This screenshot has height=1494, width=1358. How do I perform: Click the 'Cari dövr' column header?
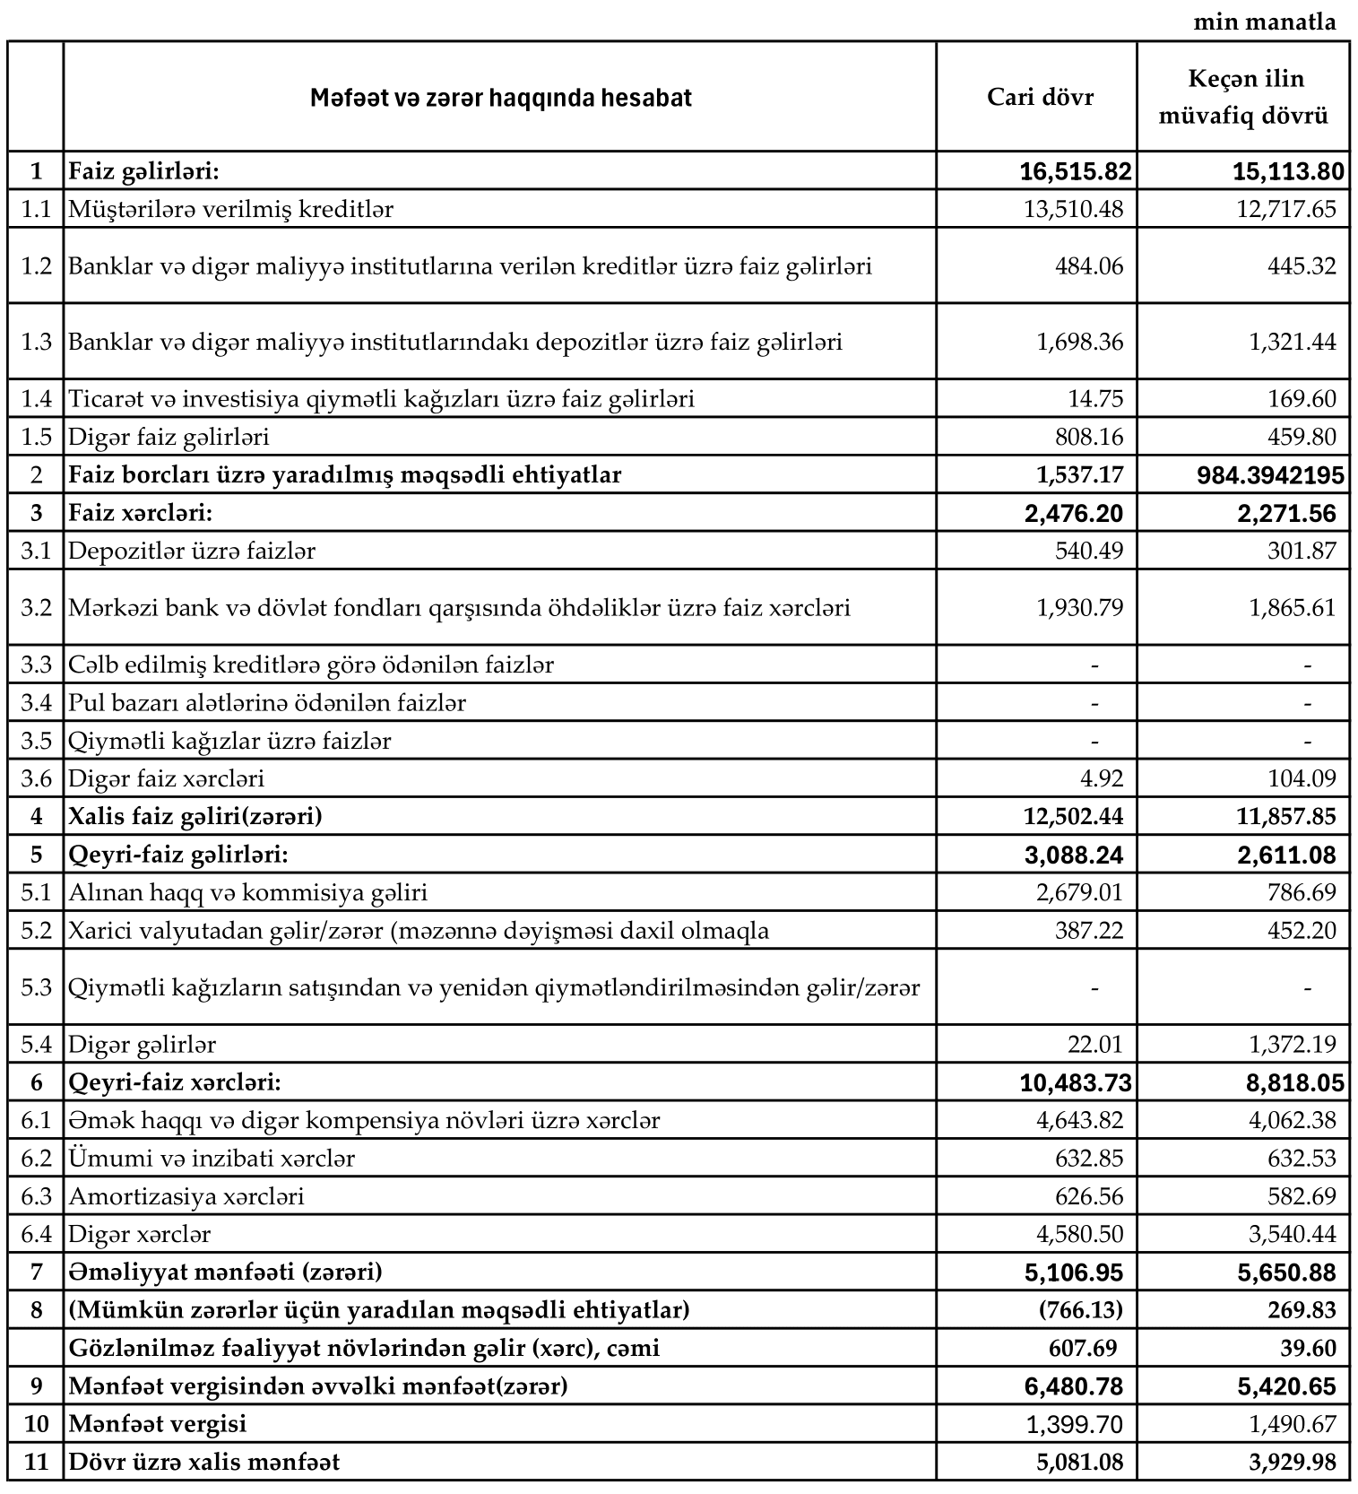(x=1040, y=97)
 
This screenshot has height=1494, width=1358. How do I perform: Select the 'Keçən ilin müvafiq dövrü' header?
(x=1244, y=97)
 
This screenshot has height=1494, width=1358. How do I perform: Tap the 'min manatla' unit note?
(x=1264, y=22)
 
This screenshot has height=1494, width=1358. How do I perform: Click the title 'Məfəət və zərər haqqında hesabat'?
(x=500, y=98)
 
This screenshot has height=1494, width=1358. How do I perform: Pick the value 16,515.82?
(x=1075, y=171)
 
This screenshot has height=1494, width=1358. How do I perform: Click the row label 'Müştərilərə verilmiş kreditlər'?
(x=231, y=209)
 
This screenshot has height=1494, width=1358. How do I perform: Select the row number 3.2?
(x=36, y=608)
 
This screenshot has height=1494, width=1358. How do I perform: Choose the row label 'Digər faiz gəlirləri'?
(x=169, y=437)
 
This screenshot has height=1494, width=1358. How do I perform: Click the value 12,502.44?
(x=1072, y=816)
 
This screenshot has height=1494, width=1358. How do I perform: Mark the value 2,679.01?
(x=1079, y=892)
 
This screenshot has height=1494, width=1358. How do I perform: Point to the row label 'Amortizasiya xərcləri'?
(x=186, y=1196)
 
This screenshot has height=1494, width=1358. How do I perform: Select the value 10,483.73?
(x=1075, y=1083)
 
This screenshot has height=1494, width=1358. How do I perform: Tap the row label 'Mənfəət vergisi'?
(x=158, y=1424)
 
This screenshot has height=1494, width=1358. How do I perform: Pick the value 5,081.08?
(x=1079, y=1463)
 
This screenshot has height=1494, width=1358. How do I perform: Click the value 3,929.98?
(x=1292, y=1463)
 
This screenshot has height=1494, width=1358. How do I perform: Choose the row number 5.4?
(x=36, y=1045)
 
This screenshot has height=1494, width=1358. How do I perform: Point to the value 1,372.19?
(x=1292, y=1045)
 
